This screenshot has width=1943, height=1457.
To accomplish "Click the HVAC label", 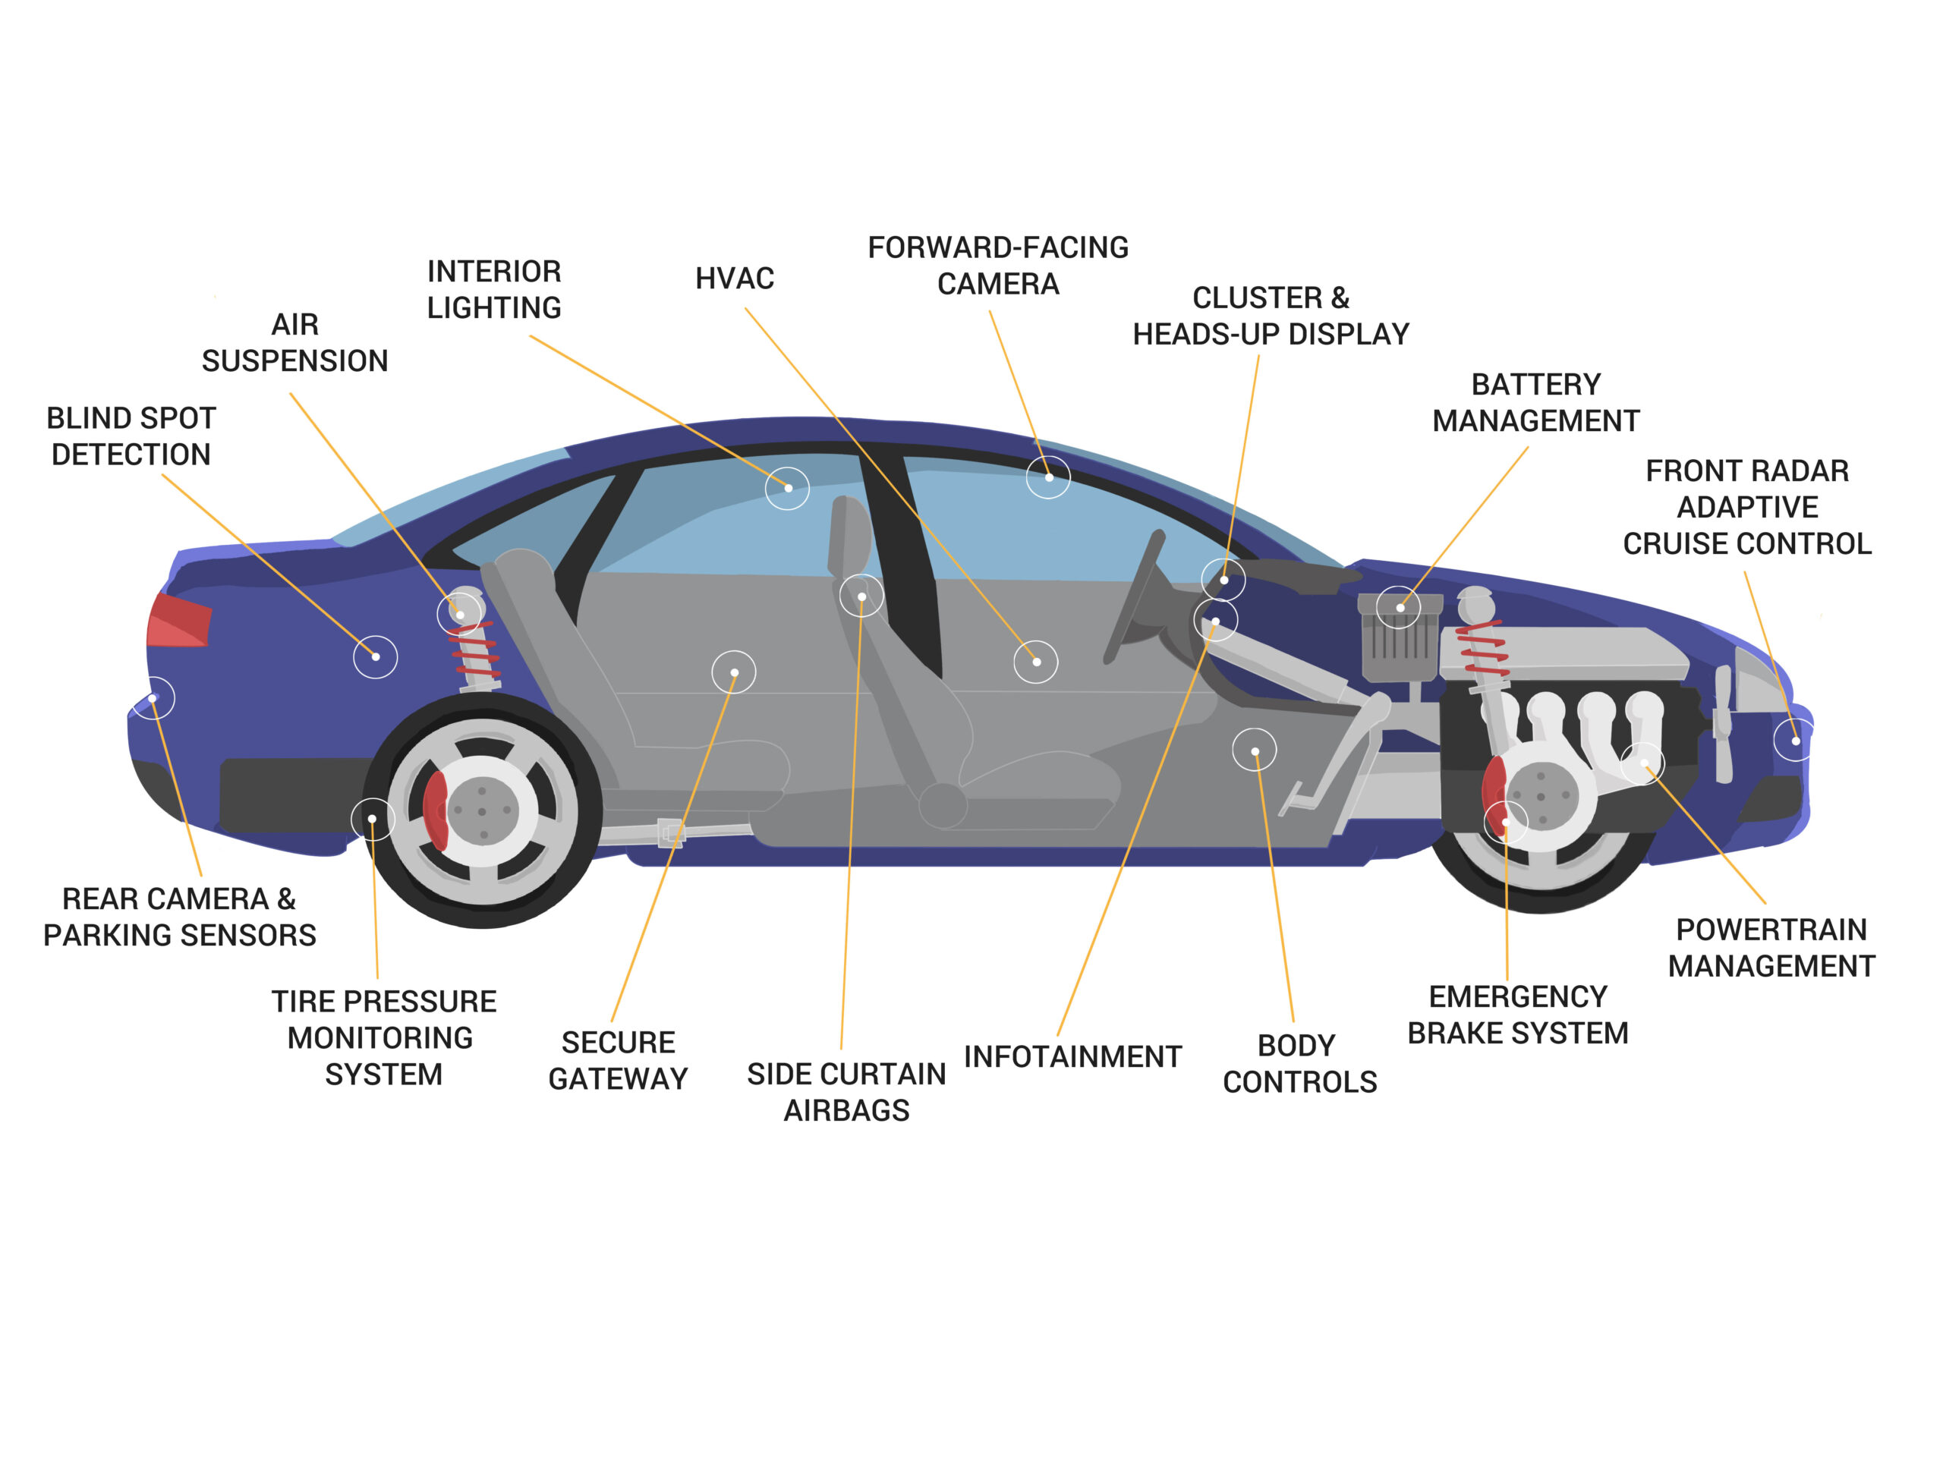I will [x=735, y=278].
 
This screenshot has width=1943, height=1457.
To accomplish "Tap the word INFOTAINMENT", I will [x=1072, y=1056].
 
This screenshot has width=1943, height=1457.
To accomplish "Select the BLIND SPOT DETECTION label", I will [x=131, y=436].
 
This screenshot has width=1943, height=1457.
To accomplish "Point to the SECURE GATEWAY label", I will [x=619, y=1060].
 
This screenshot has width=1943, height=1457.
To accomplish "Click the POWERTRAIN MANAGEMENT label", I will [x=1771, y=948].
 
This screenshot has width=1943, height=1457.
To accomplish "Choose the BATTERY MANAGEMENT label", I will [x=1535, y=402].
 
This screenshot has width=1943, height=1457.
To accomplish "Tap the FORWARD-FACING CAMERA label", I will [x=998, y=266].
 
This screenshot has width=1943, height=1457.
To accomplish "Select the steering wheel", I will [x=1133, y=597].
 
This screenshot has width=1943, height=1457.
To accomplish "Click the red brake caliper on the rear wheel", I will [x=435, y=810].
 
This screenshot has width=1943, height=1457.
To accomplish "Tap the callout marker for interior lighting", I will [x=788, y=488].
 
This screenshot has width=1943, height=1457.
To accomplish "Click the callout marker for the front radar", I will [x=1796, y=741].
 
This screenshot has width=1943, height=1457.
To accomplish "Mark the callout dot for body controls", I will [x=1255, y=751].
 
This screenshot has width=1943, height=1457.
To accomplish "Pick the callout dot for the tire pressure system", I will [x=373, y=819].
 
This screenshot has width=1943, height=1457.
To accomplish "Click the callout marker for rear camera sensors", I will [x=153, y=698].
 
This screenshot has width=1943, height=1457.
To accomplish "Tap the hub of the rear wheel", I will [x=481, y=810].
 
